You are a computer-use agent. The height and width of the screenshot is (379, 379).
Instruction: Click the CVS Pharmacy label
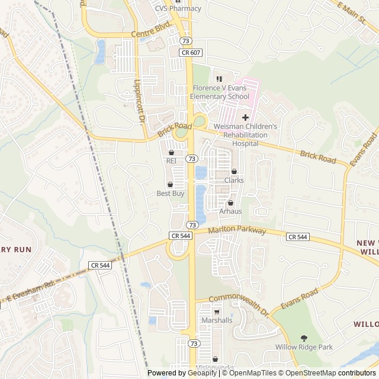[178, 8]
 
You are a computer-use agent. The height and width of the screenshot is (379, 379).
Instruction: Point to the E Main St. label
[352, 12]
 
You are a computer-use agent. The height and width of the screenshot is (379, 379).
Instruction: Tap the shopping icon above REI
[171, 152]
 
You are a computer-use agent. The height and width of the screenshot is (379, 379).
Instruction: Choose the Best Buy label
[171, 193]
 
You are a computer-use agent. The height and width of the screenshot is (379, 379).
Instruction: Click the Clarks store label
[234, 180]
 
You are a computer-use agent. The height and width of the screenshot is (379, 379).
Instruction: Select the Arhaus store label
[230, 211]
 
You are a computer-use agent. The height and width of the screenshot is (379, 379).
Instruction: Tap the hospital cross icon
[245, 117]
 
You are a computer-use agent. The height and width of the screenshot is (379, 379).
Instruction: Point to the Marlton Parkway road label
[237, 230]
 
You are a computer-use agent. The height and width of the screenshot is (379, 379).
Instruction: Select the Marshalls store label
[217, 320]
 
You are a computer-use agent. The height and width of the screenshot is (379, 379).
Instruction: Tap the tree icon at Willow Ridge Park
[304, 338]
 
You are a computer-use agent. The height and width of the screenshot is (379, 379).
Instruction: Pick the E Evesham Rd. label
[30, 290]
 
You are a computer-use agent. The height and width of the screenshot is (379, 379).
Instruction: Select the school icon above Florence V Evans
[219, 79]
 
